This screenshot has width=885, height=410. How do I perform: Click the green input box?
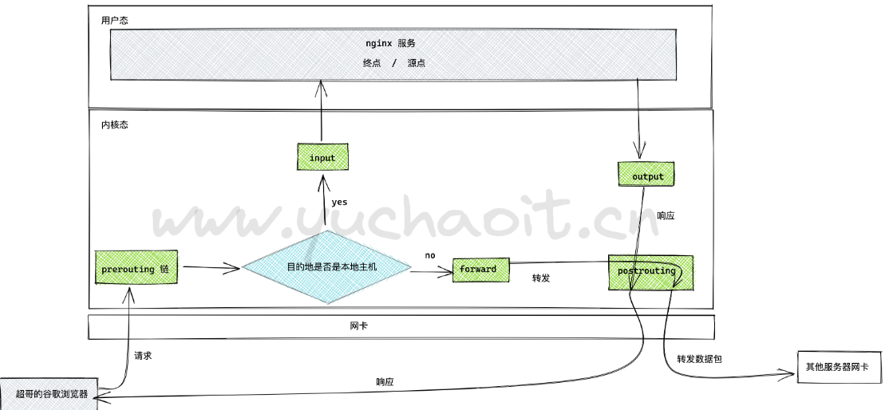[322, 157]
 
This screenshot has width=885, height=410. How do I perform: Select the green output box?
[647, 175]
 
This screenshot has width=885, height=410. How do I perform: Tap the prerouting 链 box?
[136, 269]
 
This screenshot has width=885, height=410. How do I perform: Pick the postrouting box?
[650, 272]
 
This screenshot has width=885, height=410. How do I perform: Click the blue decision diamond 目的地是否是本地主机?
[326, 266]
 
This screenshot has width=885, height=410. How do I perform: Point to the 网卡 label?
[358, 326]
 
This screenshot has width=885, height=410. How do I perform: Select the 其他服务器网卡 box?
[838, 367]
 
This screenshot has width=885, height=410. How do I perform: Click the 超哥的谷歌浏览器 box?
[49, 393]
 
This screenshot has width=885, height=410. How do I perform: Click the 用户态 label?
[114, 20]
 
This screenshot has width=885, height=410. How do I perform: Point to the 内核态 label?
[114, 125]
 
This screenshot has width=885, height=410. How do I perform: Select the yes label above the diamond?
[339, 202]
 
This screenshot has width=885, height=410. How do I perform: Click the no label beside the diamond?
[430, 255]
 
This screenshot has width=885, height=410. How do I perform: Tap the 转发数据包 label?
[699, 359]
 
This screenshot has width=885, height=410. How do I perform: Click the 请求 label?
[143, 356]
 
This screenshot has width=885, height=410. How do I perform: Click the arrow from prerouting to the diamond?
[209, 269]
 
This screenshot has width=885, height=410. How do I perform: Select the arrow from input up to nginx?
[322, 111]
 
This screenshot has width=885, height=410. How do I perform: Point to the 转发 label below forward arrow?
[541, 278]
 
